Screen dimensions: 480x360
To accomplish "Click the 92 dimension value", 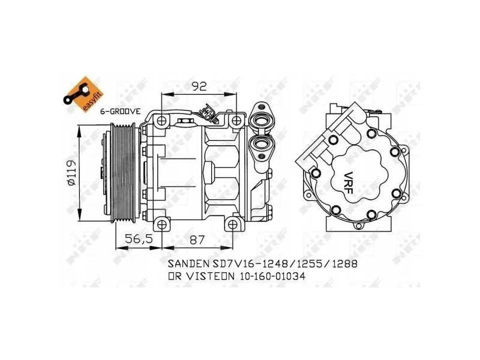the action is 199,86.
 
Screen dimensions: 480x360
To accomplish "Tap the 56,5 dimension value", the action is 139,239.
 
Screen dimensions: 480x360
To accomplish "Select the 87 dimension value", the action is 197,239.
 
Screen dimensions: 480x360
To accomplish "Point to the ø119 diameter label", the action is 71,172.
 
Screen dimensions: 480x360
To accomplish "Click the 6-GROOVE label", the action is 121,112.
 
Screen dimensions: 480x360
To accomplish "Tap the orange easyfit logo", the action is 83,94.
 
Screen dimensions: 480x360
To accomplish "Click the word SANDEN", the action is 187,263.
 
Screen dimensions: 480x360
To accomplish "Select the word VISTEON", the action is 211,277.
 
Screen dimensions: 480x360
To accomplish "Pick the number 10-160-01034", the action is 273,277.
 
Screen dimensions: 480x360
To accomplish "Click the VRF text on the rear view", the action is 349,183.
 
